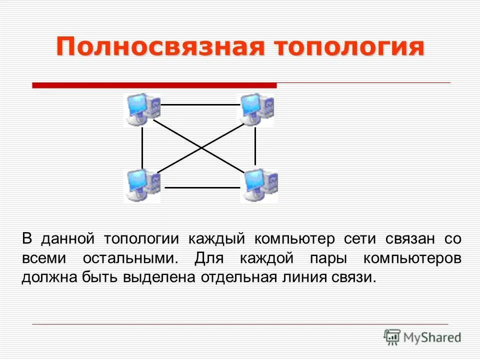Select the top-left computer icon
pyautogui.click(x=142, y=108)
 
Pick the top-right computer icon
pyautogui.click(x=256, y=109)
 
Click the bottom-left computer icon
pyautogui.click(x=142, y=185)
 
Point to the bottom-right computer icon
pyautogui.click(x=259, y=185)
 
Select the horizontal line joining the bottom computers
pyautogui.click(x=202, y=187)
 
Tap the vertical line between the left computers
pyautogui.click(x=142, y=147)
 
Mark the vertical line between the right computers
pyautogui.click(x=255, y=146)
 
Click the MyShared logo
pyautogui.click(x=422, y=337)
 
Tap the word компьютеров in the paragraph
pyautogui.click(x=412, y=258)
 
